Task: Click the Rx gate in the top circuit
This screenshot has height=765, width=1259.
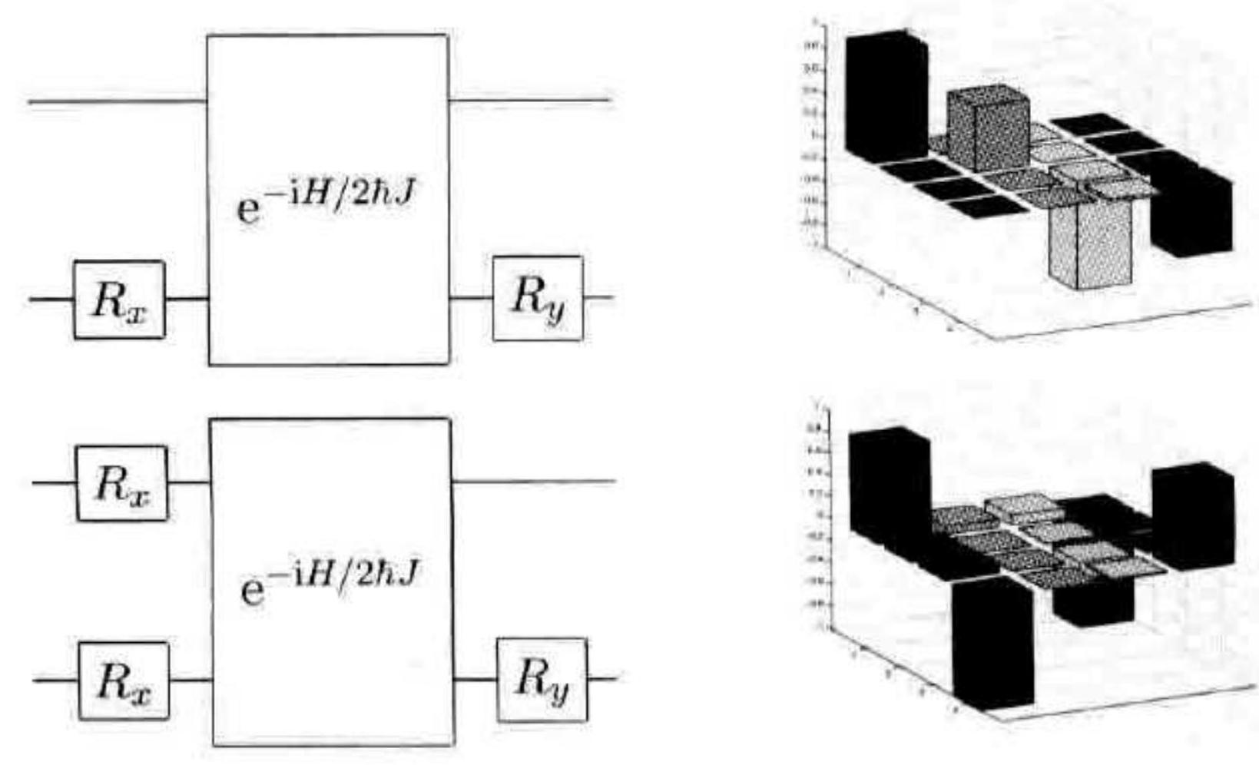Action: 119,300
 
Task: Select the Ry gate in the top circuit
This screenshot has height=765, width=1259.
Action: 538,298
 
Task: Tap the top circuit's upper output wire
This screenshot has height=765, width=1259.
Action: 530,100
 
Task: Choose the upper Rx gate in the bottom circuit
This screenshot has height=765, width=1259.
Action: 121,483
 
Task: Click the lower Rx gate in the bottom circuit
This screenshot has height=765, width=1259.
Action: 124,681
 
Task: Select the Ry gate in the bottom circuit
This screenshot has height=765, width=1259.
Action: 542,680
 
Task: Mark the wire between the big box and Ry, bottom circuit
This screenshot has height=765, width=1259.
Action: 475,679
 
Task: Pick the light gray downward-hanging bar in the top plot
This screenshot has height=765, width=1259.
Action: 1091,242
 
